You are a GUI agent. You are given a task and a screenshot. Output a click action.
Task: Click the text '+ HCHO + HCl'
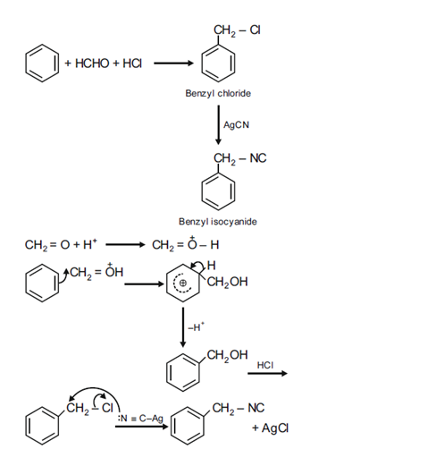click(x=103, y=64)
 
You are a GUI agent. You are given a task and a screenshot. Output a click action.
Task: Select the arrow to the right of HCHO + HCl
click(x=173, y=64)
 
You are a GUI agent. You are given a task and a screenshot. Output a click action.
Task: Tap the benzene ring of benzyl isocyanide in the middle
click(x=218, y=191)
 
